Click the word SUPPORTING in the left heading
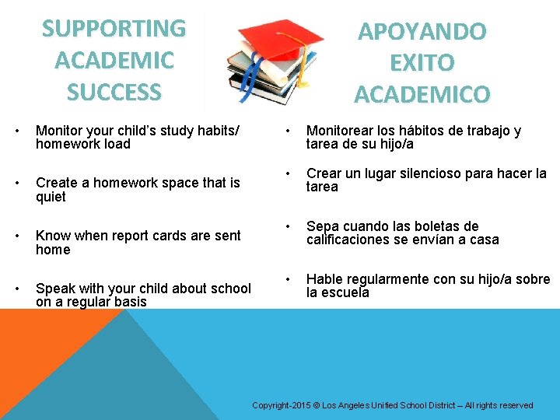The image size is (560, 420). [x=114, y=29]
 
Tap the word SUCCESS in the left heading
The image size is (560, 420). [x=114, y=93]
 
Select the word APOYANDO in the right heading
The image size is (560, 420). [x=422, y=32]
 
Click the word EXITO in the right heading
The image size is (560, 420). [x=422, y=63]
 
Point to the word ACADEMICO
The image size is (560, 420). [x=422, y=95]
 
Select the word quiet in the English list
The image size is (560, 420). [x=51, y=198]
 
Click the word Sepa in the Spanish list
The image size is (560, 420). [x=322, y=226]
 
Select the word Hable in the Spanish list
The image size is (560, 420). [x=325, y=279]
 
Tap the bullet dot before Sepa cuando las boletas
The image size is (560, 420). [x=288, y=226]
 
